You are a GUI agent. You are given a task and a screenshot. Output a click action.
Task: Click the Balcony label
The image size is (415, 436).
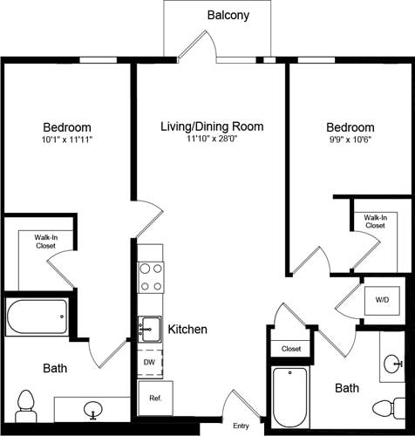(228, 15)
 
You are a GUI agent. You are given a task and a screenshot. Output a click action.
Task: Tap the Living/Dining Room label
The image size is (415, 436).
(212, 126)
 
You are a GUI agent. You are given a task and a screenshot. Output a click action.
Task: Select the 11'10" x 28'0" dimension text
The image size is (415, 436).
(212, 140)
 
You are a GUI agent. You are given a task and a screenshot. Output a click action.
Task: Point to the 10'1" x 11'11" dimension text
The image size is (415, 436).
(67, 140)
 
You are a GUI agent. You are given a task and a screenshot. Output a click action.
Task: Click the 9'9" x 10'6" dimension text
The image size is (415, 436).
(350, 140)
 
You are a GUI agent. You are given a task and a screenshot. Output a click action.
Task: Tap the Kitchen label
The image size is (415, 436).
(187, 329)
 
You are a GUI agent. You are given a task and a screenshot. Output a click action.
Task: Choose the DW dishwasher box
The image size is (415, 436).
(149, 361)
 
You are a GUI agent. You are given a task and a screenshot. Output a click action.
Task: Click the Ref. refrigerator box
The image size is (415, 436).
(155, 399)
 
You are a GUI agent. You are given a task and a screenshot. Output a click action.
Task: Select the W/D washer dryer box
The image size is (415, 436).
(382, 300)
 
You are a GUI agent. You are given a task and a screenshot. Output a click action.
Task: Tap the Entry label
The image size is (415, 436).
(241, 426)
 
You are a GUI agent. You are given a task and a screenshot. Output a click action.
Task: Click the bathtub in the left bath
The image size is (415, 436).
(37, 317)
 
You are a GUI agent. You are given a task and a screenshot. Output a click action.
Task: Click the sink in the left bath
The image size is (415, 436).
(92, 408)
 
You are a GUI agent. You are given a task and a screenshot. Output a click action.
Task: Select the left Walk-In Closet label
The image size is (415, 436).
(46, 242)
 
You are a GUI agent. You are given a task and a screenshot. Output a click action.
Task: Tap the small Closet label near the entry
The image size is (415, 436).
(291, 349)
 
